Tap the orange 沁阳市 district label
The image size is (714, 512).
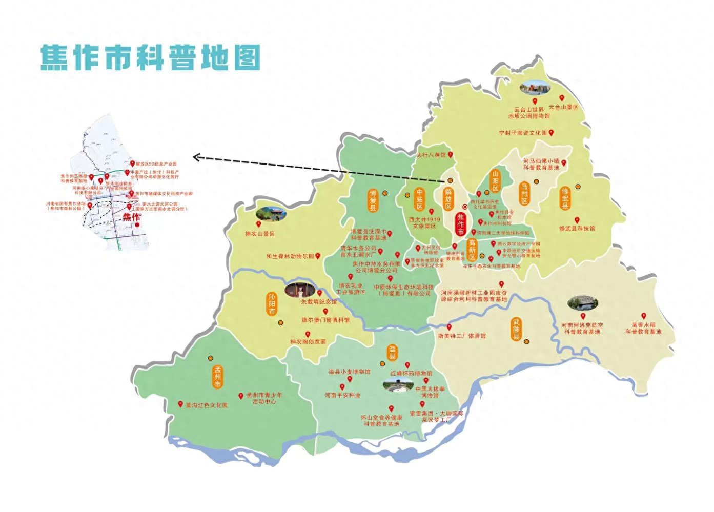pyautogui.click(x=272, y=304)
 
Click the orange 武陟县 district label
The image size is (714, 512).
pyautogui.click(x=516, y=329)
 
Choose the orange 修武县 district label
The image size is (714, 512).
pyautogui.click(x=565, y=198)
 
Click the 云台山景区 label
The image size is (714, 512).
pyautogui.click(x=563, y=107)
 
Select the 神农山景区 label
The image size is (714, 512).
pyautogui.click(x=260, y=234)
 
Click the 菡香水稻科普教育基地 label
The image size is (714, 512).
pyautogui.click(x=643, y=328)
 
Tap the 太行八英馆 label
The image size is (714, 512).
pyautogui.click(x=431, y=154)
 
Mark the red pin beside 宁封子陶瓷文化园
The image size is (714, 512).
pyautogui.click(x=552, y=132)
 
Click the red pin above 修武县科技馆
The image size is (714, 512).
pyautogui.click(x=577, y=220)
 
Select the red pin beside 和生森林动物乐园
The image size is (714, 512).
pyautogui.click(x=318, y=255)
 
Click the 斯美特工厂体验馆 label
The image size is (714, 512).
pyautogui.click(x=461, y=336)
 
